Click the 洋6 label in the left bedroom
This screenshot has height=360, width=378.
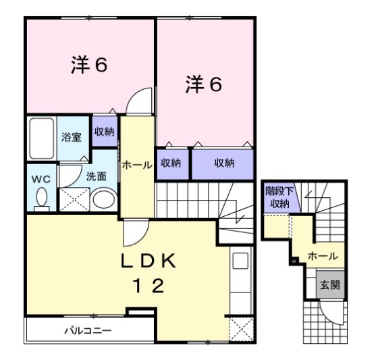[x=90, y=65]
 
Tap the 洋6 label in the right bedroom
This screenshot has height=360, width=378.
[x=203, y=85]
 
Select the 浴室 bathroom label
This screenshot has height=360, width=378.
[x=72, y=137]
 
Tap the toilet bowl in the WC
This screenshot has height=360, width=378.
[x=41, y=199]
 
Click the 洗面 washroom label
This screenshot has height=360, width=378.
[x=96, y=176]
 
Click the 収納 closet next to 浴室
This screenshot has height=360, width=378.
[x=104, y=131]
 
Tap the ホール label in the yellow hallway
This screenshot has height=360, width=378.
[x=136, y=165]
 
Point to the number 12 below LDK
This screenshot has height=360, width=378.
[x=147, y=287]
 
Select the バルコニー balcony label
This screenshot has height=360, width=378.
[x=88, y=331]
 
